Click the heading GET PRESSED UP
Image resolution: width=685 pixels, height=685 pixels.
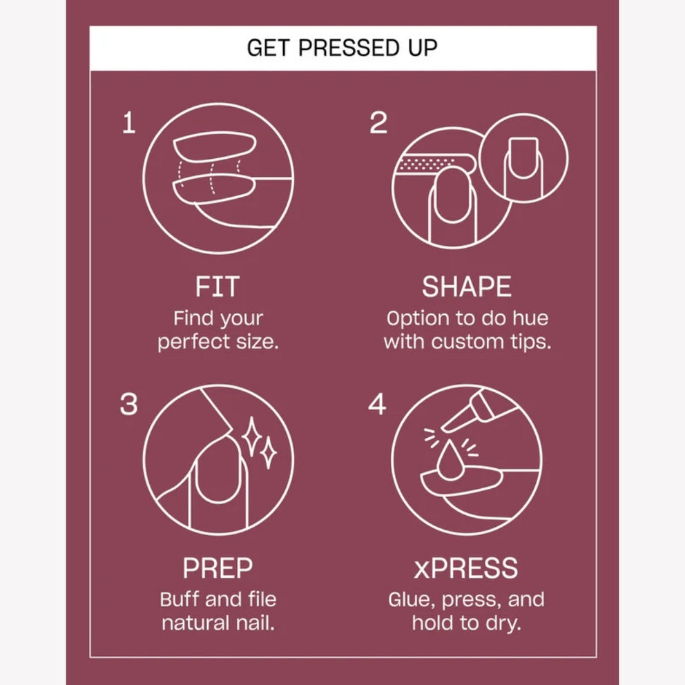pos(342,48)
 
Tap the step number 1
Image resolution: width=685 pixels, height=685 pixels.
pos(129,122)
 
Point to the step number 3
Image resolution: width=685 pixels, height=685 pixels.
pos(129,404)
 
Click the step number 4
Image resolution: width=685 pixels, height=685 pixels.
pos(377,404)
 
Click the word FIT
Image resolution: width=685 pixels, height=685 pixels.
pos(217,287)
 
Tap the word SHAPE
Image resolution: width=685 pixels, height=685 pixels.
pos(467,287)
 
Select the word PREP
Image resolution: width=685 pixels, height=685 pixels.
pos(218,568)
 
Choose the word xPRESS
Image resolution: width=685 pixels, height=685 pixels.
pos(465,568)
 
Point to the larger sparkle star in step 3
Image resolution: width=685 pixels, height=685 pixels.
pos(251,437)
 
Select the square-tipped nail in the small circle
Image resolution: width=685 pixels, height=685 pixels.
pos(523,159)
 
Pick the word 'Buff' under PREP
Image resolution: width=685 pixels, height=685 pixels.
pos(180,599)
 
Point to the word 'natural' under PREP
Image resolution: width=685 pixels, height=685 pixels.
pos(195,623)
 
